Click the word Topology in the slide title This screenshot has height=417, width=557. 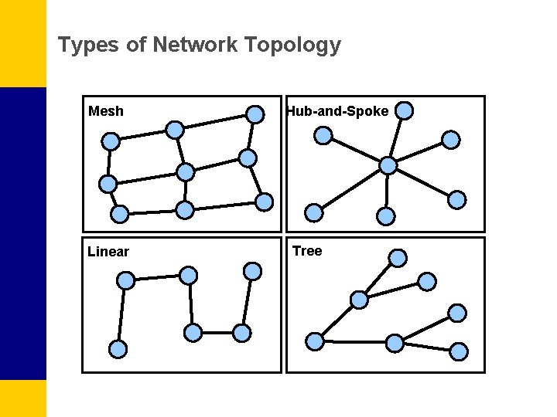coord(292,46)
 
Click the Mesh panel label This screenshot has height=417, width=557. coord(106,111)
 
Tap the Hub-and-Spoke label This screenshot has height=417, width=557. coord(337,111)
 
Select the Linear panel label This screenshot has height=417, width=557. coord(108,252)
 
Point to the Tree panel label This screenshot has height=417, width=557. coord(307,251)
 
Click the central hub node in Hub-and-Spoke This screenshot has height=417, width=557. coord(388,165)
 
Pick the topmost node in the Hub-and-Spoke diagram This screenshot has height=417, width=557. coord(405,110)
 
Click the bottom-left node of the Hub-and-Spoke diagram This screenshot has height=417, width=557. coord(314,212)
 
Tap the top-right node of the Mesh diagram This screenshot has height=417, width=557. coord(255,114)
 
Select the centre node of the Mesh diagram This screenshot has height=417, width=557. coord(186,171)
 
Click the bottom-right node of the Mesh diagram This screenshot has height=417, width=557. coord(265,202)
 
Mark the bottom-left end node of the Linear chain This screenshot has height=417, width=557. coord(118,349)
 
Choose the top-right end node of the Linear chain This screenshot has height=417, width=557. coord(252,271)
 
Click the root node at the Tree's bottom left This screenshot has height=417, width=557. coord(315,341)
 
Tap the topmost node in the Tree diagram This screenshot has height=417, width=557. coord(398,257)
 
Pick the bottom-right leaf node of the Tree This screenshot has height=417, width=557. coord(460,351)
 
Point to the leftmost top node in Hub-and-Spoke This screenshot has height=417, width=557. coord(324,136)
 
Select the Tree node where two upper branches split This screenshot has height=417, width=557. coord(359,300)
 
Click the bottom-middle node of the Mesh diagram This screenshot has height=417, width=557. coord(184,209)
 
